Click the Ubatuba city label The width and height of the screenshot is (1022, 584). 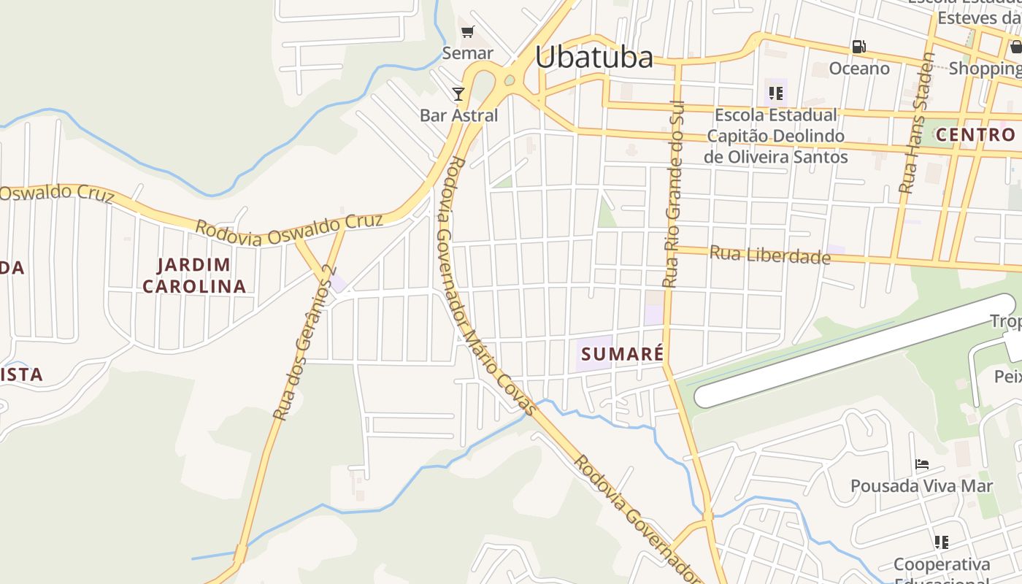593,57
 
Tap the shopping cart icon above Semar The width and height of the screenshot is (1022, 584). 468,32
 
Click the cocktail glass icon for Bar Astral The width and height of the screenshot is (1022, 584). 458,93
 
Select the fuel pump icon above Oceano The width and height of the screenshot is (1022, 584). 859,47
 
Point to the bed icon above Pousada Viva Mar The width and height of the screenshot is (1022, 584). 922,464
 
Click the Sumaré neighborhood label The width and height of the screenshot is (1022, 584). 622,355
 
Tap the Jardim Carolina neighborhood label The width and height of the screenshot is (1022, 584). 194,275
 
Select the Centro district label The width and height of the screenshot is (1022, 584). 975,134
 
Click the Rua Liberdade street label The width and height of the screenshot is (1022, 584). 770,255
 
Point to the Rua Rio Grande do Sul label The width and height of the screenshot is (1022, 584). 672,193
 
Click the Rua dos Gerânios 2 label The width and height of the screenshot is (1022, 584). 303,343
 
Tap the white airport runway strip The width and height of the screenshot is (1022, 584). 854,350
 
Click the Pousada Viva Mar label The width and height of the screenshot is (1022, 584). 921,485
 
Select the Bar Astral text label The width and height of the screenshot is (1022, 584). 458,115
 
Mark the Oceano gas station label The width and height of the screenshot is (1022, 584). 859,69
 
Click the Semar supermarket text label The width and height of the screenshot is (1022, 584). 468,53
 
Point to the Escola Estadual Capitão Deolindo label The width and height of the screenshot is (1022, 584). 776,136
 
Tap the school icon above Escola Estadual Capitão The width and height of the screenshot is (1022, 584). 775,93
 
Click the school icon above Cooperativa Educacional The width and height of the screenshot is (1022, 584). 942,542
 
